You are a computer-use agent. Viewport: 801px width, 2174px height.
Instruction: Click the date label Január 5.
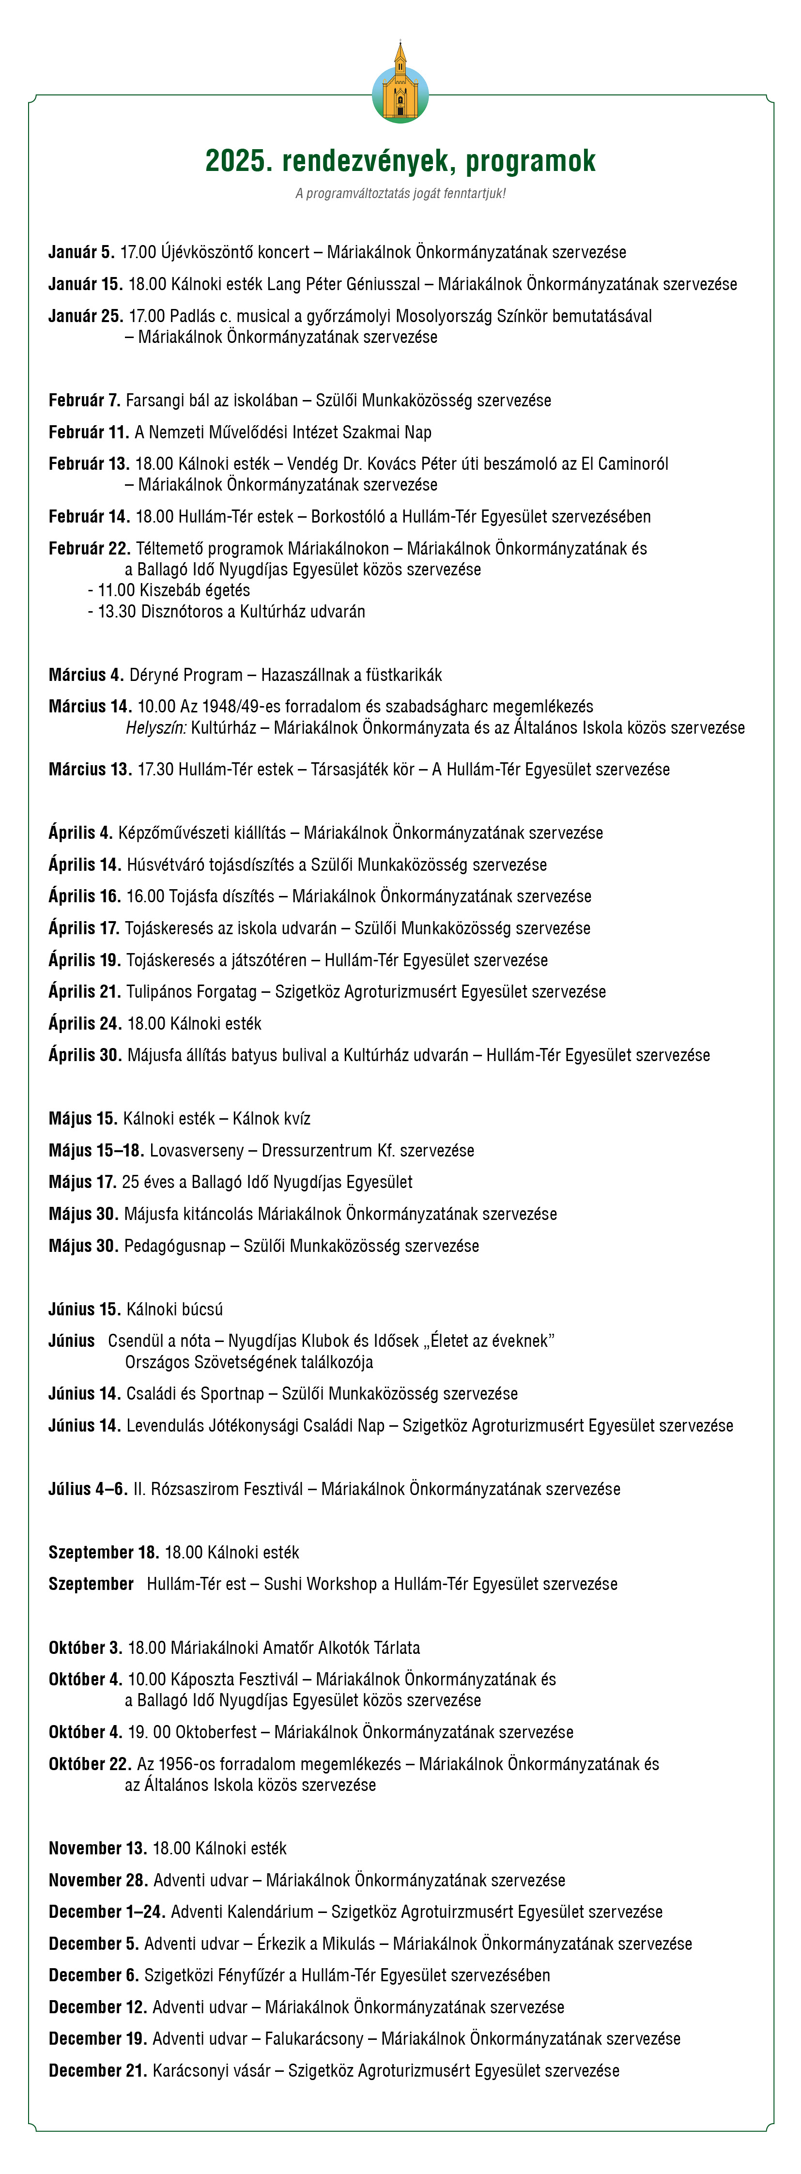[x=81, y=252]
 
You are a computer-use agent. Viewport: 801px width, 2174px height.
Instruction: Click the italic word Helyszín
[x=155, y=727]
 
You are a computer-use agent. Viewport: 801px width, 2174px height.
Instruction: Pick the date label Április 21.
[x=84, y=992]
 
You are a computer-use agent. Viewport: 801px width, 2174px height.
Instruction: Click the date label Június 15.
[x=84, y=1309]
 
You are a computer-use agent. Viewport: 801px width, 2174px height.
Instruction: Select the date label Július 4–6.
[x=88, y=1489]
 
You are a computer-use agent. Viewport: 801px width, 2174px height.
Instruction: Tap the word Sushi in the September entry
[x=284, y=1584]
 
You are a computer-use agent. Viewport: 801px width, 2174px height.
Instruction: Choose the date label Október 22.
[x=90, y=1764]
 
